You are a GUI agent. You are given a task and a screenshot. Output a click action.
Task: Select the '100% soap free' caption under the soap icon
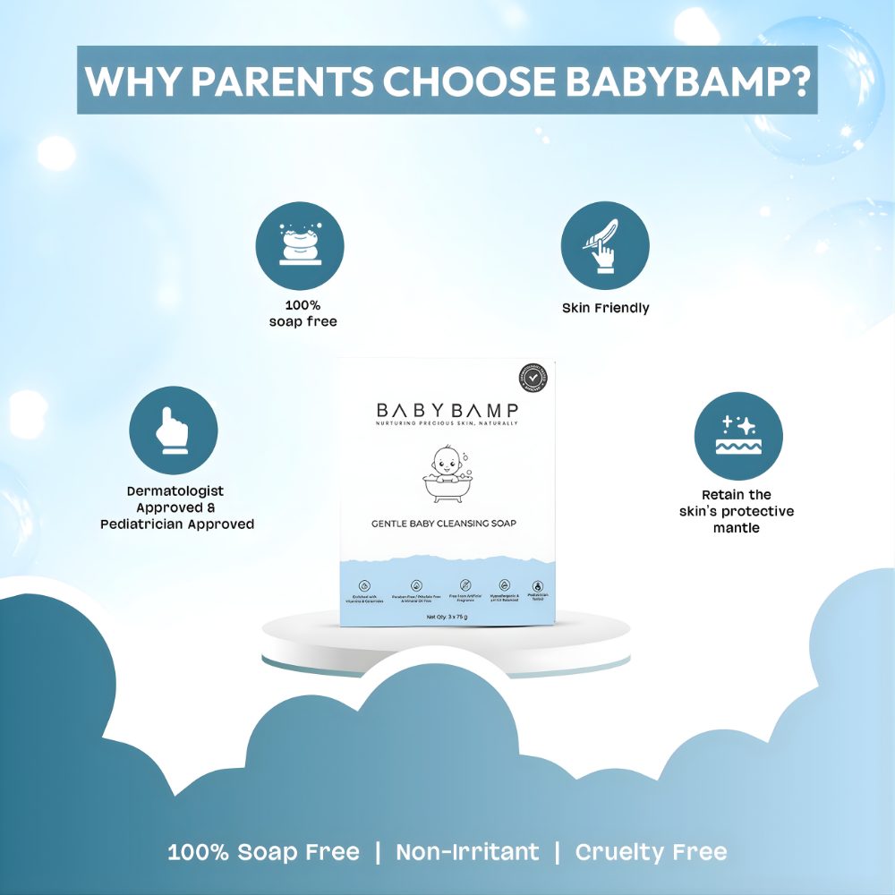(x=303, y=312)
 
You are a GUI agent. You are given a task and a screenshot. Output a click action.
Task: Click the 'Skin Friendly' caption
(x=606, y=308)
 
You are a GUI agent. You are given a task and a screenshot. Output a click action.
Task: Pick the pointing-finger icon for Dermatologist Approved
(x=174, y=430)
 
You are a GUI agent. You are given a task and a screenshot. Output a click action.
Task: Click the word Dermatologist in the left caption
(x=175, y=490)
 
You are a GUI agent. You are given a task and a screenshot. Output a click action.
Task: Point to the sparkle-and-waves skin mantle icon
(x=738, y=435)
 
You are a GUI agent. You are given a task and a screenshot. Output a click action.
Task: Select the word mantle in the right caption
(x=737, y=528)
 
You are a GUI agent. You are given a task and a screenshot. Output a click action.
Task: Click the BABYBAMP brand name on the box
(x=447, y=410)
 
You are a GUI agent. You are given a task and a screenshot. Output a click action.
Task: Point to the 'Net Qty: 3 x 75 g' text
(x=447, y=617)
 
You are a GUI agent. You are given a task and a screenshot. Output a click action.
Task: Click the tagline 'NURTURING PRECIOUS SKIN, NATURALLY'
(x=447, y=422)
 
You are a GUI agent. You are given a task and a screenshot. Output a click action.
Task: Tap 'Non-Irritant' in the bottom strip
(x=467, y=852)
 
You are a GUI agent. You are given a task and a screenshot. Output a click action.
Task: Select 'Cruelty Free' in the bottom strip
(x=651, y=852)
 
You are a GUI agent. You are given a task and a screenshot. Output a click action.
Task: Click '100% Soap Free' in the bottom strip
(x=263, y=852)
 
